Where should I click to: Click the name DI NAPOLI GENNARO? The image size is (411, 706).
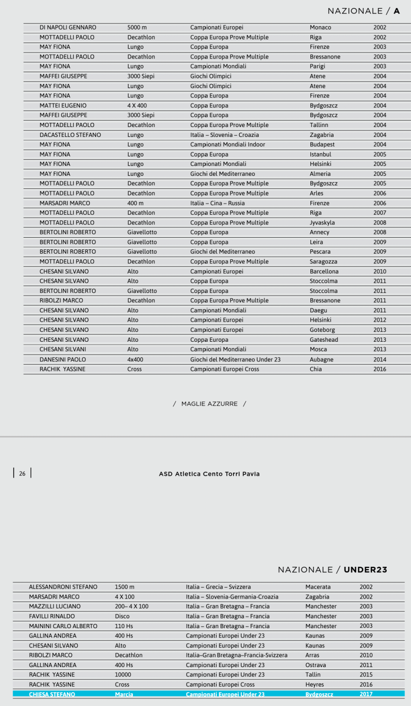point(68,28)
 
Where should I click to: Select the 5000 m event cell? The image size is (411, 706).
point(137,28)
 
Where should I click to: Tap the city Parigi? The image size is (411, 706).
point(317,67)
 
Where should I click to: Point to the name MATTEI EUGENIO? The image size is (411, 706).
point(63,105)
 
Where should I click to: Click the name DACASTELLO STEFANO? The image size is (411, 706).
point(70,135)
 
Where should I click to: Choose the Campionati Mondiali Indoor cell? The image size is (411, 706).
point(228,144)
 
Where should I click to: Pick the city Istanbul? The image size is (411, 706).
point(320,154)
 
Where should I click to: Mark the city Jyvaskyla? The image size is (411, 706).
point(322,223)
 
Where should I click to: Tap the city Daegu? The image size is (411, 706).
point(318,310)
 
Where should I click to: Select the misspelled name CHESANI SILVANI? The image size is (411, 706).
point(63,349)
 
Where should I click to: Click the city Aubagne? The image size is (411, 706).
point(322,360)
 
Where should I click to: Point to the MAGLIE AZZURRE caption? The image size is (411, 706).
point(209,404)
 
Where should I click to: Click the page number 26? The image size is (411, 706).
point(22,473)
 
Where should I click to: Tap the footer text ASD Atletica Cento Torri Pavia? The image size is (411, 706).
point(209,474)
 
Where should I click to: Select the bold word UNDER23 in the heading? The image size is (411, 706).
point(365,570)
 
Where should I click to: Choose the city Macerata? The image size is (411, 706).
point(318,587)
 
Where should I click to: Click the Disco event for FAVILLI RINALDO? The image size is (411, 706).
point(122,616)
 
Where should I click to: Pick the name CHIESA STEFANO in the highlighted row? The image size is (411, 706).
point(52,694)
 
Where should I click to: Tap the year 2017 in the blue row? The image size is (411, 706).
point(366,694)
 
